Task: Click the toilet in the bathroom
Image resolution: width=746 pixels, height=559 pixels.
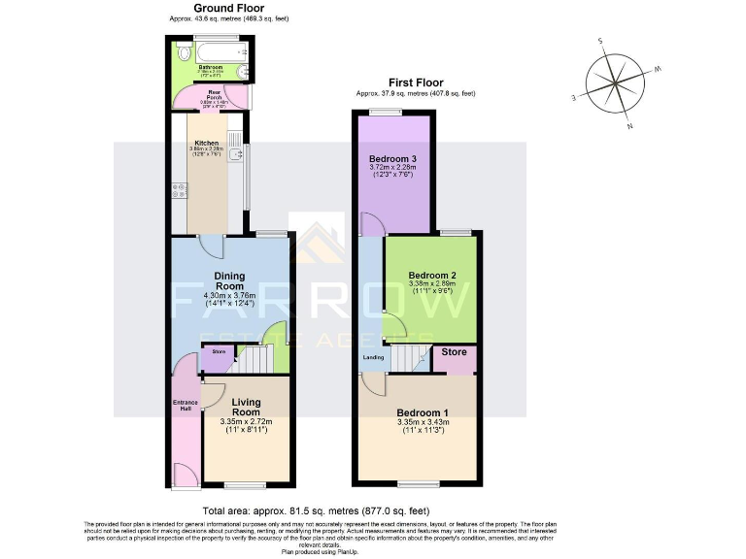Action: (x=181, y=52)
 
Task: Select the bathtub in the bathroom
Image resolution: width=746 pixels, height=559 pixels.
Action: (x=219, y=49)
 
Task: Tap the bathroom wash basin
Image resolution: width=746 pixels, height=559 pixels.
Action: (x=244, y=74)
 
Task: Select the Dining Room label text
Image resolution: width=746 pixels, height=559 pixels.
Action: (x=229, y=281)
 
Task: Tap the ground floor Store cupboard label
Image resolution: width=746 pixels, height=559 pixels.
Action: (x=219, y=352)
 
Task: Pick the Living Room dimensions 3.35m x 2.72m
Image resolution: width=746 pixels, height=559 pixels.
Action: (x=247, y=422)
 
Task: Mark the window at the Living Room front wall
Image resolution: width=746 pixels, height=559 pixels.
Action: (x=246, y=483)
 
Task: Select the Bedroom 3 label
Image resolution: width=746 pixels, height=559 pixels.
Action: (x=392, y=157)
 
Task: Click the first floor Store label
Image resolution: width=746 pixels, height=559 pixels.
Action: (x=455, y=352)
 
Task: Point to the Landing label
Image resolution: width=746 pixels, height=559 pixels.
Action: (x=372, y=357)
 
